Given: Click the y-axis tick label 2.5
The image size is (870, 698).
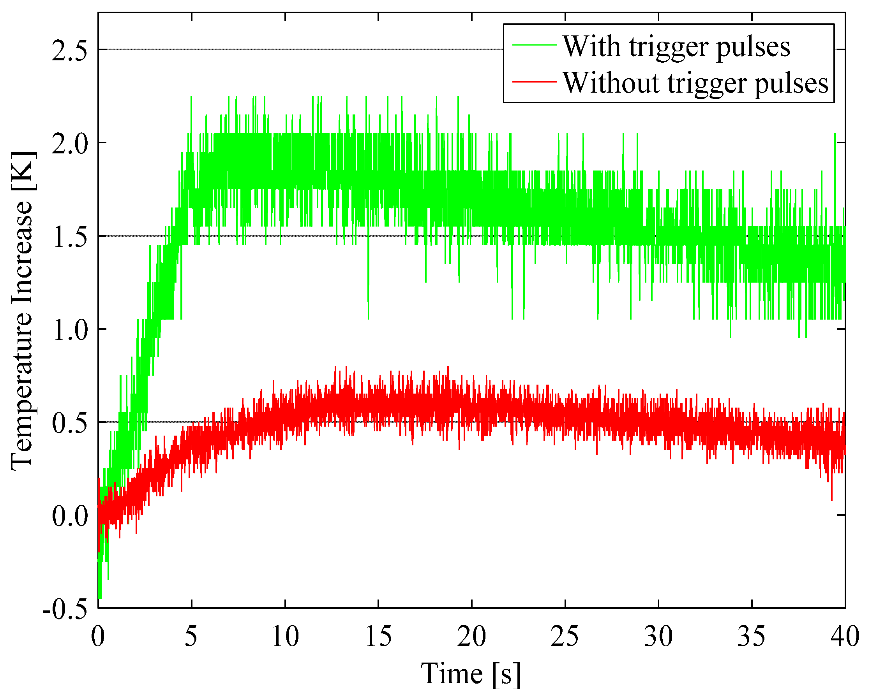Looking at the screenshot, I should tap(69, 51).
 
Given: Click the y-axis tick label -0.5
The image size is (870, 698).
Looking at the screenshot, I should tap(65, 609).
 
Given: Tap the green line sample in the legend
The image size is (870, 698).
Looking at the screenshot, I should tap(534, 45).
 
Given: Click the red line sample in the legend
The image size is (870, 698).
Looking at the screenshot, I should tap(534, 82).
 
